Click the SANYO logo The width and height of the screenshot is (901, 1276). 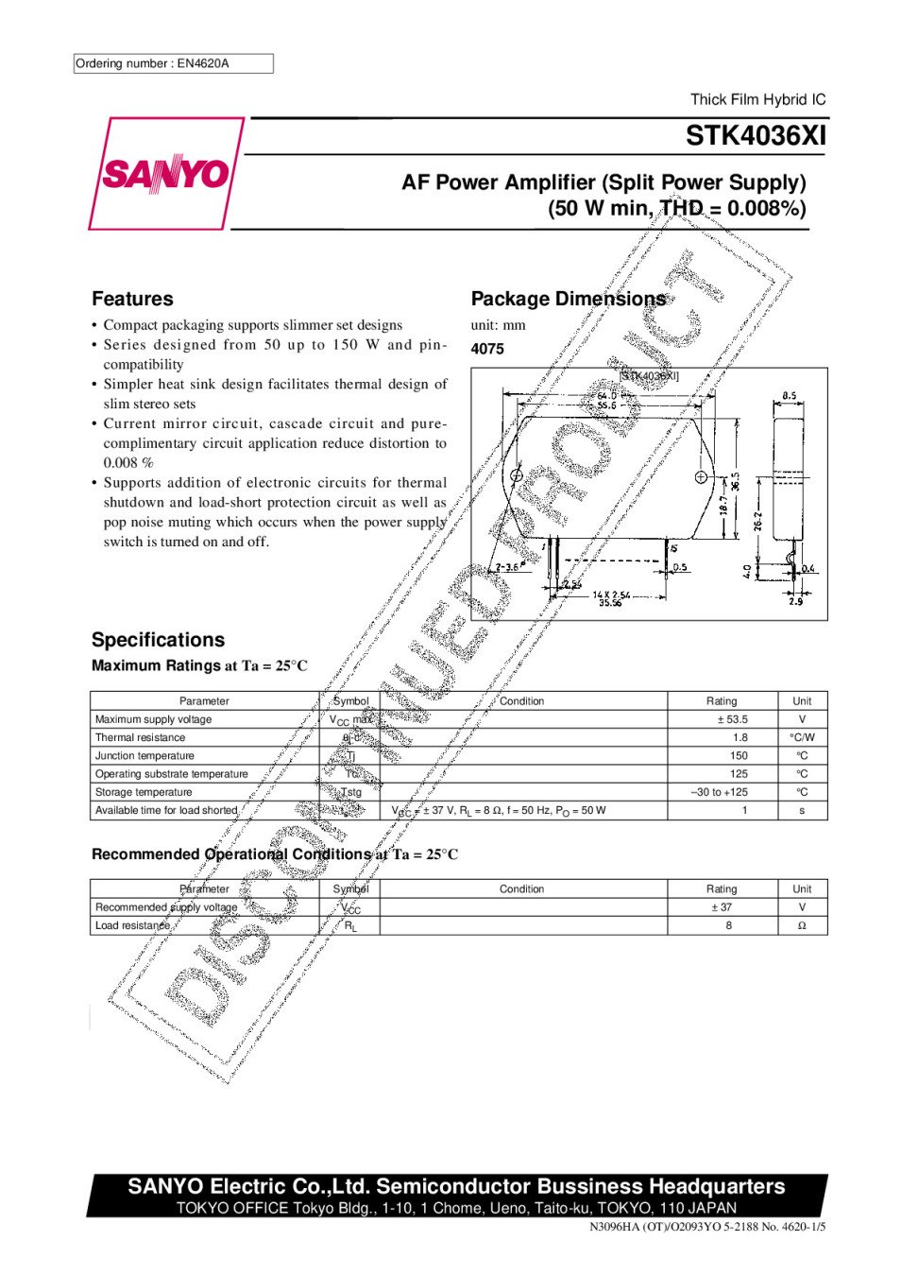[166, 174]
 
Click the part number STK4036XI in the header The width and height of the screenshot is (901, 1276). [756, 136]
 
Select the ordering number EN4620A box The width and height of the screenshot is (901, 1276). [174, 63]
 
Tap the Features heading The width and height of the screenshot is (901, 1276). [132, 299]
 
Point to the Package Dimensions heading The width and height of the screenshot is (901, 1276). [568, 299]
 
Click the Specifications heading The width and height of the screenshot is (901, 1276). [158, 640]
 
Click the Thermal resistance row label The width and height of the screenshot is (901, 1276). [140, 737]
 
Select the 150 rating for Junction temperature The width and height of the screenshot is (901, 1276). [739, 756]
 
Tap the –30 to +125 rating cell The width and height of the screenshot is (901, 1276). [720, 792]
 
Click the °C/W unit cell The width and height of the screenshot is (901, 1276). [802, 737]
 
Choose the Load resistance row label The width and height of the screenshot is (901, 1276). [132, 925]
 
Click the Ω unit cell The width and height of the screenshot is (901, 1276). [802, 925]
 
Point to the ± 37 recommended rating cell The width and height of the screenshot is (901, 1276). [722, 907]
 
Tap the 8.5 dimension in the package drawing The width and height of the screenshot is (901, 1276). [790, 396]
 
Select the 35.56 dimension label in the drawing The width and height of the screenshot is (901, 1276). [609, 603]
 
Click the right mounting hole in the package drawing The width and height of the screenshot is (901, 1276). [701, 476]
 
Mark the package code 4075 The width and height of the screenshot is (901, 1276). [487, 349]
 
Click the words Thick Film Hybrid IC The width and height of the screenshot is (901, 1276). [757, 99]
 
